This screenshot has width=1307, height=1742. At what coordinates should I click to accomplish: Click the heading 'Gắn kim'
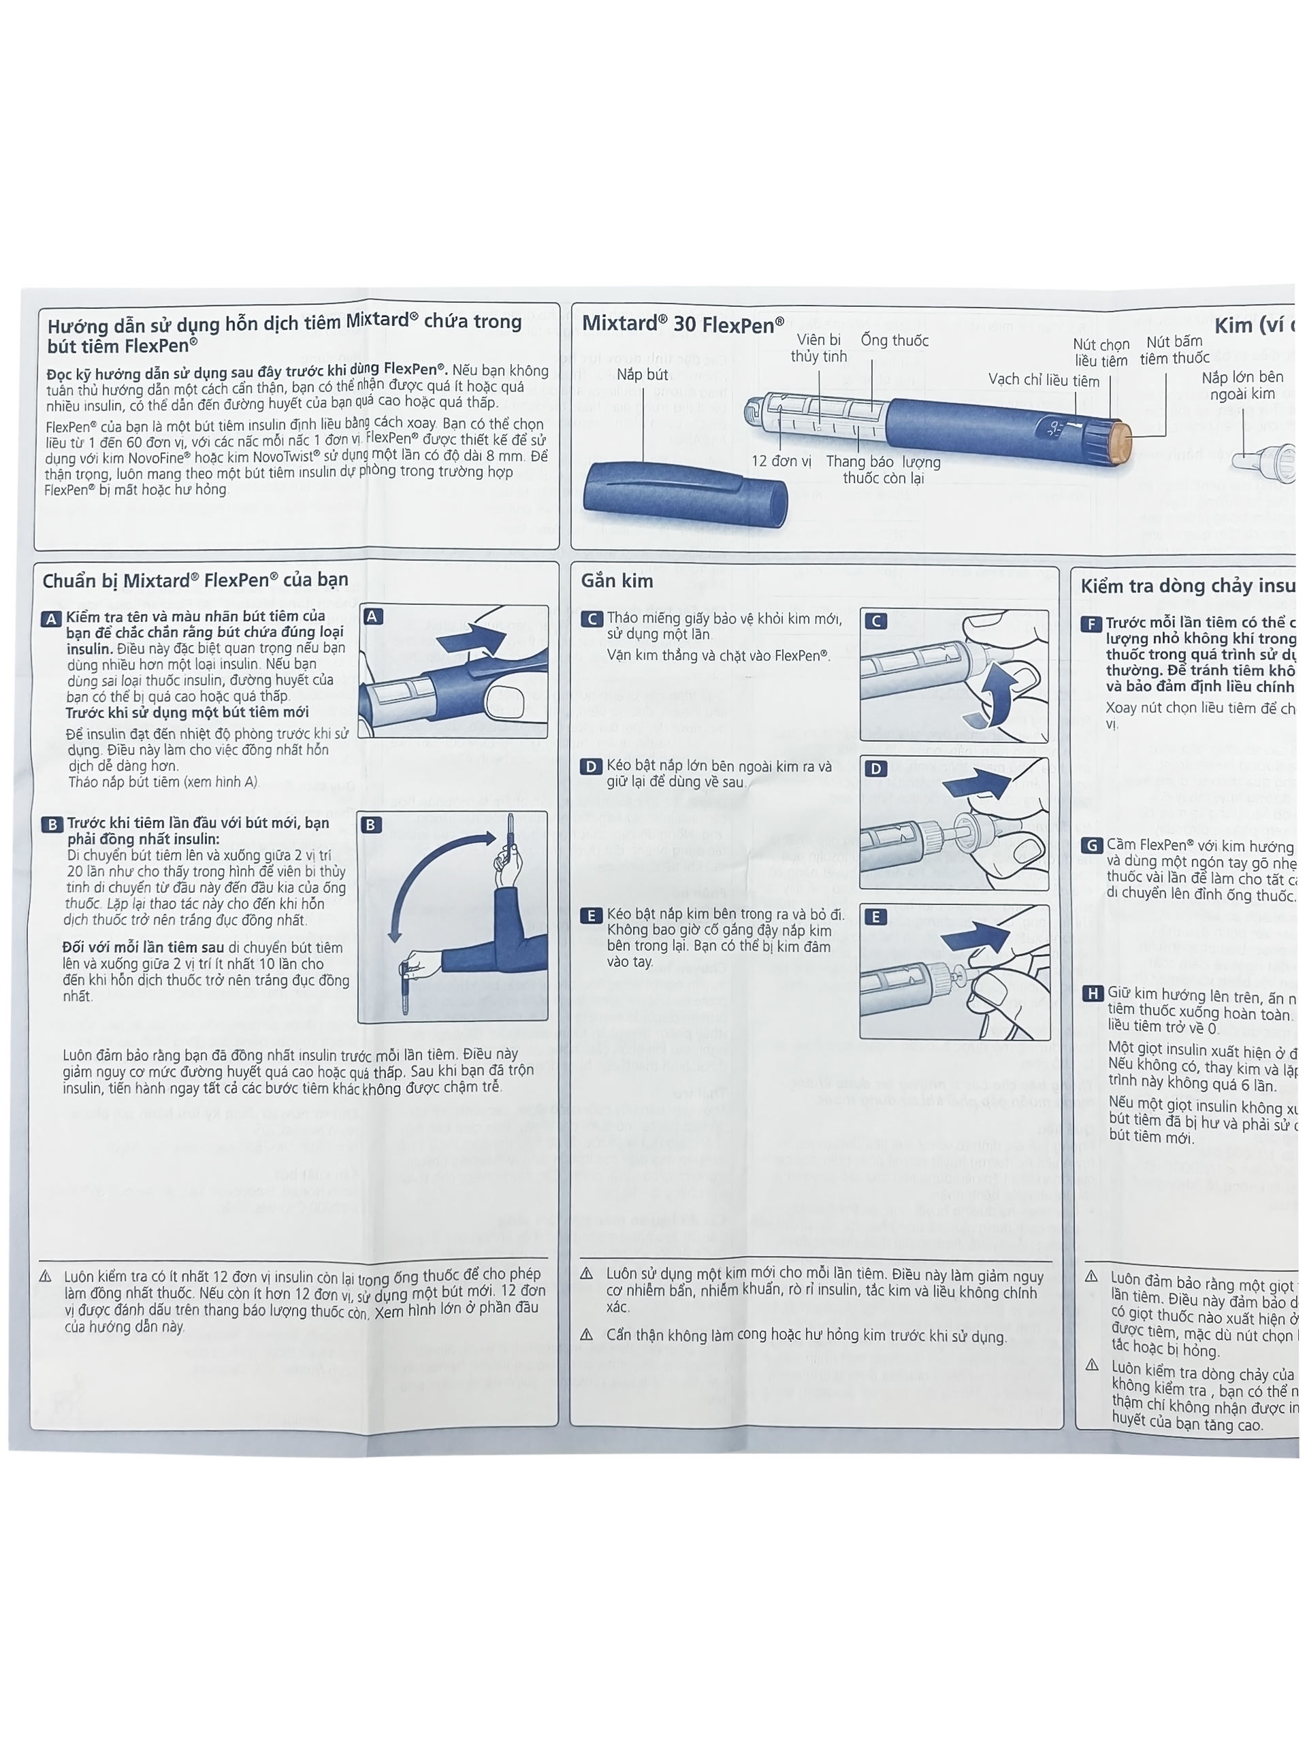click(617, 580)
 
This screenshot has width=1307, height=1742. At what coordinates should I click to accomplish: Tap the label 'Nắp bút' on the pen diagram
click(642, 375)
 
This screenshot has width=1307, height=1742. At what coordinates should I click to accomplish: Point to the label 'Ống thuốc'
click(894, 340)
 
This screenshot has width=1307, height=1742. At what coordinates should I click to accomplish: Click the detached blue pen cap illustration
click(685, 495)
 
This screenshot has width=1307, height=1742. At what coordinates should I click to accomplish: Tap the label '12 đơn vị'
click(781, 461)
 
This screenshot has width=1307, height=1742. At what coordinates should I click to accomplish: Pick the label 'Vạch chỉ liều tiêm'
click(1043, 380)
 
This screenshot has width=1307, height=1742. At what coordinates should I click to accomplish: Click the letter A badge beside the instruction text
click(51, 619)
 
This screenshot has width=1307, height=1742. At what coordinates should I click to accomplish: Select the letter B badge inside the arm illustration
click(371, 825)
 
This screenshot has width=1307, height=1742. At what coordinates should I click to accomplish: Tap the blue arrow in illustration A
click(471, 637)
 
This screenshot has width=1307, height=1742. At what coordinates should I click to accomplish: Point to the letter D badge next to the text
click(591, 766)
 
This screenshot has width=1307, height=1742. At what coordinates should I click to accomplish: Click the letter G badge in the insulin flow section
click(1091, 845)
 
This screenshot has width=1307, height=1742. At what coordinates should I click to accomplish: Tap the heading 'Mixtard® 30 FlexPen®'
click(682, 324)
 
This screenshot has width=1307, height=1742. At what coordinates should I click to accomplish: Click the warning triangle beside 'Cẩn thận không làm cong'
click(587, 1335)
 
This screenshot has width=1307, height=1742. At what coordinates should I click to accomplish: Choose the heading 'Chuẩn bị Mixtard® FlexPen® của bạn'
click(195, 580)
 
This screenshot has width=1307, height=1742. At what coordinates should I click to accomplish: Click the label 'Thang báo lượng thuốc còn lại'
click(882, 470)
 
